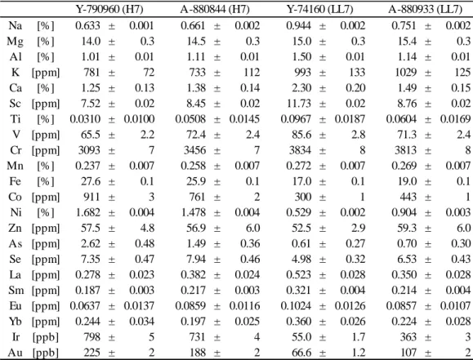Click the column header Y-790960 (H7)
pos(109,9)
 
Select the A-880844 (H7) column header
pos(215,9)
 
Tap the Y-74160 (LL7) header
pos(319,9)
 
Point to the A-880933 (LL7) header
pos(425,9)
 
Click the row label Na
pos(15,25)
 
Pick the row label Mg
pos(15,42)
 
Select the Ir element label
pos(16,337)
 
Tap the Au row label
pos(15,352)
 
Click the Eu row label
pos(15,305)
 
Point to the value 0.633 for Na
pos(87,25)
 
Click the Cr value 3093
pos(89,150)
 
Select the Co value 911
pos(91,197)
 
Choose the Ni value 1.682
pos(87,212)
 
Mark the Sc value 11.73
pos(299,103)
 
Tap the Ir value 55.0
pos(301,337)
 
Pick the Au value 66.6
pos(301,352)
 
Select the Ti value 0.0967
pos(296,119)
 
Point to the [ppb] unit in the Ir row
pos(46,337)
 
